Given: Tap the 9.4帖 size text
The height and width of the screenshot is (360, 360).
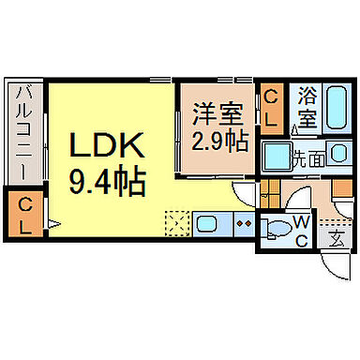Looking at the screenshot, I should (x=106, y=180).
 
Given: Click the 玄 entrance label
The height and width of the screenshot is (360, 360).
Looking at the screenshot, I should (x=337, y=238).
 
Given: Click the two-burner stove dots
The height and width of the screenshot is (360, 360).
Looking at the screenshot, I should (x=242, y=225).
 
